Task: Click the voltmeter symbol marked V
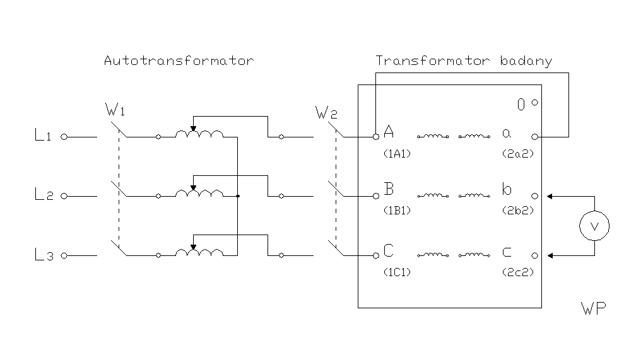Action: coord(594,226)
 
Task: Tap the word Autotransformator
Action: coord(179,61)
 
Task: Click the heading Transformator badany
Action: coord(464,61)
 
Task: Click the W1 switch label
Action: coord(115,112)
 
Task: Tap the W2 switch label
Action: coord(326,114)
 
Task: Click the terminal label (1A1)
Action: coord(397,153)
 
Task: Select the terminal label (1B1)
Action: coord(397,211)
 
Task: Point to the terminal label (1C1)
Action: coord(397,272)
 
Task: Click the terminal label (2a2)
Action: coord(515,153)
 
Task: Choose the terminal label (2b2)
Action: coord(515,211)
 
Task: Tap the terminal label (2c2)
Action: coord(515,272)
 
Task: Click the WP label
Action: coord(593,308)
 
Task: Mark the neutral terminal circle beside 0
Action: coord(534,103)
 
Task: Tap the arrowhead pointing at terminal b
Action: coord(550,196)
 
